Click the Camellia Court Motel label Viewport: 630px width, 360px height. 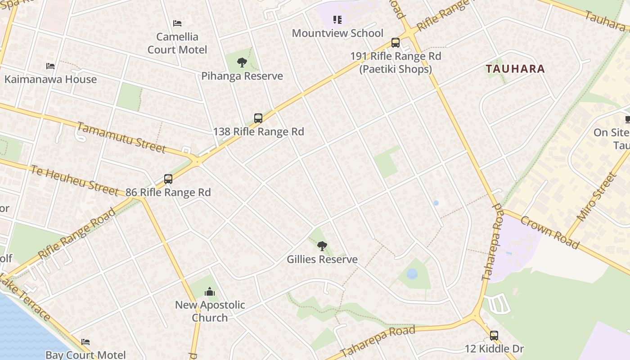tap(177, 43)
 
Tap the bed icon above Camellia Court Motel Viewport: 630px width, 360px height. tap(177, 23)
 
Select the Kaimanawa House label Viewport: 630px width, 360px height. tap(50, 79)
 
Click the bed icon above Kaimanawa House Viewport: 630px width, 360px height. tap(50, 66)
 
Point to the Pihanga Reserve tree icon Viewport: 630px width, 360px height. tap(242, 63)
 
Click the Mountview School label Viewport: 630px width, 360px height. tap(337, 33)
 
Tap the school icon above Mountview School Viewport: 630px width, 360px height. tap(337, 20)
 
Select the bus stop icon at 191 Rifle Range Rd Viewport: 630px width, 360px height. tap(396, 43)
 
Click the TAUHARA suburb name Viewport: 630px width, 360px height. tap(515, 69)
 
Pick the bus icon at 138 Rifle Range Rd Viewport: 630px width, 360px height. tap(258, 118)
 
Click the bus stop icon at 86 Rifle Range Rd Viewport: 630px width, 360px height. tap(168, 179)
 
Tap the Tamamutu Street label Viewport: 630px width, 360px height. tap(121, 137)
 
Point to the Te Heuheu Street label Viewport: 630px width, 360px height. tap(74, 180)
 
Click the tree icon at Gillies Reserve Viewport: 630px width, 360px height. tap(322, 246)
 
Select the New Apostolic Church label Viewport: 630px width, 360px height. tap(210, 311)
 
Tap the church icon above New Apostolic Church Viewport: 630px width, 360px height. tap(210, 292)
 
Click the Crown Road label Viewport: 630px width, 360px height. tap(549, 232)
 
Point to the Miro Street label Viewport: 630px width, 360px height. tap(595, 197)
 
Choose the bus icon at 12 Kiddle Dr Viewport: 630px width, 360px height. tap(494, 336)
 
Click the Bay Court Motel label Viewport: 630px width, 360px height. tap(85, 355)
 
